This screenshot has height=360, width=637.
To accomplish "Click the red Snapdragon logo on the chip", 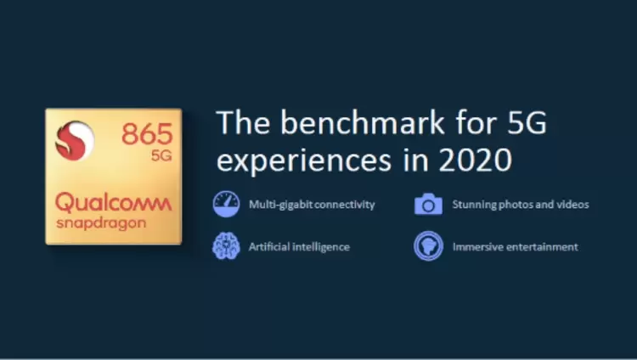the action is click(75, 140).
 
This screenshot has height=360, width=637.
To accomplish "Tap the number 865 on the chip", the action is click(148, 134).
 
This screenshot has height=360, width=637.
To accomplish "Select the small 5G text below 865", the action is click(161, 155).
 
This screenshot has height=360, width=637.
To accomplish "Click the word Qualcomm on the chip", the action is click(113, 203).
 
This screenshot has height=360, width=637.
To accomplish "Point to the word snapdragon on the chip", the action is click(101, 223).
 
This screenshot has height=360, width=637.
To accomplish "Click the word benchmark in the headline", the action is click(363, 122).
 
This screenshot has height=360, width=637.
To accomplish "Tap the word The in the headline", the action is click(244, 122).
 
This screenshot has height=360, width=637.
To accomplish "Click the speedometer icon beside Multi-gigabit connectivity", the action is click(226, 204).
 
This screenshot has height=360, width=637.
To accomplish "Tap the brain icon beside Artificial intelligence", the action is click(226, 246).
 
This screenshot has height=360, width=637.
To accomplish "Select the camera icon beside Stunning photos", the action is click(428, 204).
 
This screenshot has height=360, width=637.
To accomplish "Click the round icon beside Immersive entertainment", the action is click(428, 246).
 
